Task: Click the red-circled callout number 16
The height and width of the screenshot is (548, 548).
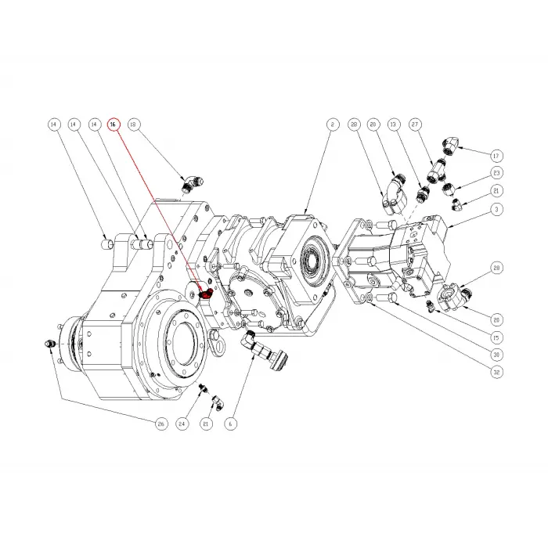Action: pyautogui.click(x=114, y=124)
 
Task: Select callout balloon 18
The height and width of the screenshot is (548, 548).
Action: pyautogui.click(x=133, y=124)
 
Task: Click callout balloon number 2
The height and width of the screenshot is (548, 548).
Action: pyautogui.click(x=331, y=124)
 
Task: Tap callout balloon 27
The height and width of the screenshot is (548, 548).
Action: pyautogui.click(x=416, y=124)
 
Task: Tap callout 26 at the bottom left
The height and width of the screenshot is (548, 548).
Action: pyautogui.click(x=160, y=424)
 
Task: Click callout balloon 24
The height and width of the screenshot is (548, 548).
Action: pyautogui.click(x=183, y=424)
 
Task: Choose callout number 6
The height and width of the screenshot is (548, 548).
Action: pyautogui.click(x=230, y=424)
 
